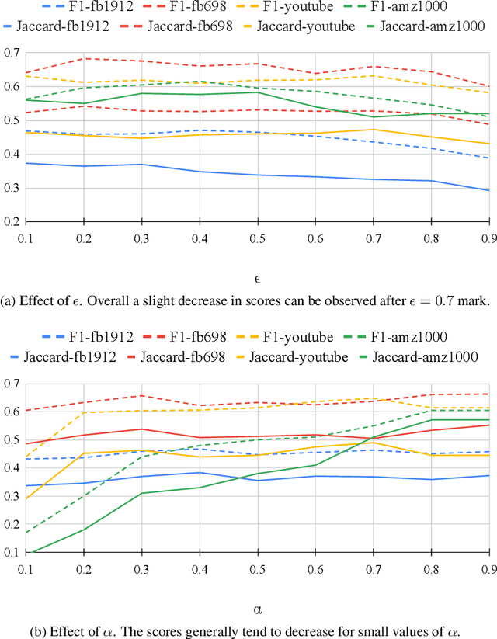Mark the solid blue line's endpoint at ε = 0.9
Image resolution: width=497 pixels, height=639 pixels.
(x=488, y=190)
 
